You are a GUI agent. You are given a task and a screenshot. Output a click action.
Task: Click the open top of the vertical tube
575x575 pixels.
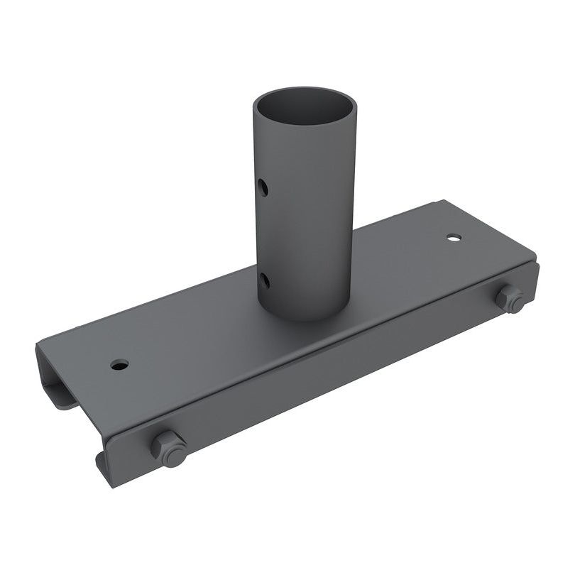point(305,106)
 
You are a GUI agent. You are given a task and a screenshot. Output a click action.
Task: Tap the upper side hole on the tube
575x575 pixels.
point(263,188)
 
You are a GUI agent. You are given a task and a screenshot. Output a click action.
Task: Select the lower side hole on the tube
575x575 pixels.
point(263,281)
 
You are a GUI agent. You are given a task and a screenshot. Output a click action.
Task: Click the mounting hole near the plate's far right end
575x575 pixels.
point(454,237)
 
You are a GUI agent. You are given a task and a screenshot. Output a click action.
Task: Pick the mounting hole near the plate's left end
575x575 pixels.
point(119,365)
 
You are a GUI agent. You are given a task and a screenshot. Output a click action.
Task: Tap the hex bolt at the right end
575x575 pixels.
point(509,298)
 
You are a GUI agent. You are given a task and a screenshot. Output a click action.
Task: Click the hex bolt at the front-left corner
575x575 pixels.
point(169,448)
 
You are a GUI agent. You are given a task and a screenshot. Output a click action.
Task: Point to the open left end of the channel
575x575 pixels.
point(55,380)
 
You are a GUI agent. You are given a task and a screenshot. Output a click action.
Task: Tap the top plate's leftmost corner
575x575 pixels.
point(39,348)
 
